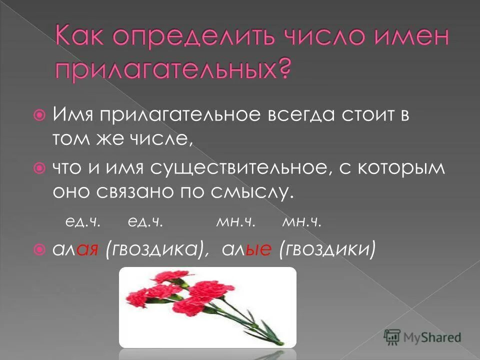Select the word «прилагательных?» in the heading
[x=172, y=71]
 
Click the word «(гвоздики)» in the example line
[x=327, y=248]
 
